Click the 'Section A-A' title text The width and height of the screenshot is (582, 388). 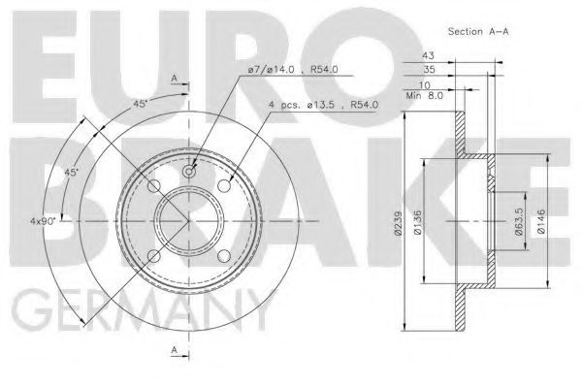478,32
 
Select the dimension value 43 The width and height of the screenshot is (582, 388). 428,55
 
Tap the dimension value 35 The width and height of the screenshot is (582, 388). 429,70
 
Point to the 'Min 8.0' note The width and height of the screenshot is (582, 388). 424,96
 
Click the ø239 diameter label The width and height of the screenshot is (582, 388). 399,223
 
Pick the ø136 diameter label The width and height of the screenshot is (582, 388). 417,223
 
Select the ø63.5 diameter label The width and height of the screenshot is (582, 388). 519,221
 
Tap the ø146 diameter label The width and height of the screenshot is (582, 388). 541,221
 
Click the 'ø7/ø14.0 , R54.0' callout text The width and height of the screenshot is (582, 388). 293,70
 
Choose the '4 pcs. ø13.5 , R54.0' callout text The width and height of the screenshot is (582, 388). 324,105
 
